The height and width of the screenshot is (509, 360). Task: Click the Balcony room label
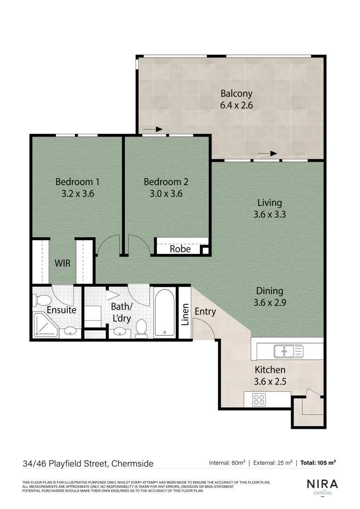coord(237,93)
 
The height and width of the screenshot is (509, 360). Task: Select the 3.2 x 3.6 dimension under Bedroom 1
coord(78,193)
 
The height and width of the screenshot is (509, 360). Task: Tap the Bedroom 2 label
coord(166,181)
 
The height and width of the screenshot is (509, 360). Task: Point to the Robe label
coord(180,249)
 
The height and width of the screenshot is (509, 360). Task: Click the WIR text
coord(63,263)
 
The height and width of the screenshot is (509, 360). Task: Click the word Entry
coord(205,312)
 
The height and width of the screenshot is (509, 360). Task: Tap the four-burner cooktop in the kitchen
coord(259,400)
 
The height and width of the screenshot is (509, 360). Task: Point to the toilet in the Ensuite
coord(41,300)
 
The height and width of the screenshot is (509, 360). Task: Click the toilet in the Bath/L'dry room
coord(141,328)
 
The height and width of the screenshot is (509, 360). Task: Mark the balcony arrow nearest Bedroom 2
coord(153,129)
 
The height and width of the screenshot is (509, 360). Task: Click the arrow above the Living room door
coord(267,154)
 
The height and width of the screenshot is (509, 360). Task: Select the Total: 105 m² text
coord(319,463)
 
